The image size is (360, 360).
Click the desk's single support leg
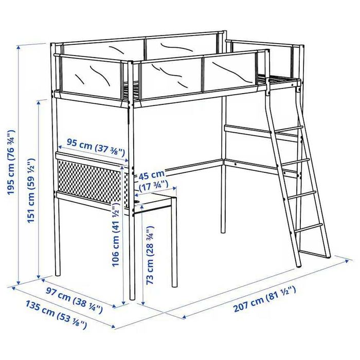point(174,242)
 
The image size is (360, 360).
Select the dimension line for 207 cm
point(262,289)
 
